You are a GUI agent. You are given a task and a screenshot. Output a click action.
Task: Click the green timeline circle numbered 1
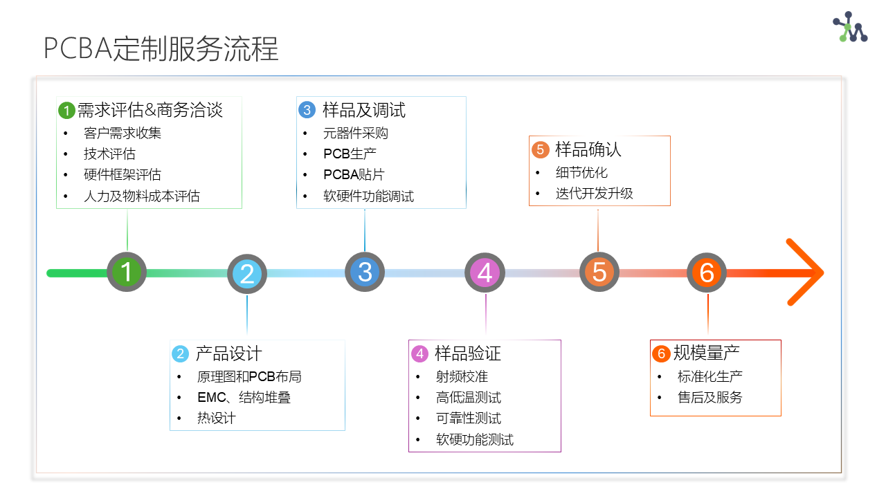(127, 272)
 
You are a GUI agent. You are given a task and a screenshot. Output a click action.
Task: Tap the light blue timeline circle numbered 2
(247, 274)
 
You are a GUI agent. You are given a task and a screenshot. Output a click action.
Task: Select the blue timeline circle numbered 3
(365, 272)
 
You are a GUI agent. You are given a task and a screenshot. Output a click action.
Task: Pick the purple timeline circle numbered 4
(485, 273)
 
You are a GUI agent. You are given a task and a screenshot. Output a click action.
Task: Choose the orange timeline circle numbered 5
(599, 272)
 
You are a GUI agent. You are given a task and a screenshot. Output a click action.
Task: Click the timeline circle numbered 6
(707, 273)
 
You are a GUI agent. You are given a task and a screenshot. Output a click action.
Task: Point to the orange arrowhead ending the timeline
(805, 273)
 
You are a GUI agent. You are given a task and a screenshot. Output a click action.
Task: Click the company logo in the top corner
(851, 27)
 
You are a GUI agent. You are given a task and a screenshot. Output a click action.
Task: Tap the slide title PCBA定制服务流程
(161, 48)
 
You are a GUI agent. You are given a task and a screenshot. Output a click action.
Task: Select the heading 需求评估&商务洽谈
(150, 110)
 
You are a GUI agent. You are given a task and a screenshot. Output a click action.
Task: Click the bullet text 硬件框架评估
(123, 174)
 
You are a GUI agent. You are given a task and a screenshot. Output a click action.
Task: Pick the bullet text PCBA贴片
(354, 174)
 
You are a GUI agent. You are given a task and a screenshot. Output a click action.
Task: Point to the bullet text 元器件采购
(356, 133)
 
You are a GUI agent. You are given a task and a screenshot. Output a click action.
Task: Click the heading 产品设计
(228, 353)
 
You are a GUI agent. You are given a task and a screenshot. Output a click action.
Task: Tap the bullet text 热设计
(217, 418)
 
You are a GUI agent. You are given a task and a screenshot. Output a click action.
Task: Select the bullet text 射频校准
(462, 377)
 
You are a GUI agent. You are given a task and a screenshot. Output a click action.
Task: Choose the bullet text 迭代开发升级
(594, 193)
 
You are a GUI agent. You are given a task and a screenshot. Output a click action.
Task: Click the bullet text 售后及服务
(710, 397)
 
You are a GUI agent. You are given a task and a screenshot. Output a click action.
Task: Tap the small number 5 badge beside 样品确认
(541, 150)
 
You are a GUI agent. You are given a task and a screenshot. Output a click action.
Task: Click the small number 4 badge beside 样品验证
(420, 353)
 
